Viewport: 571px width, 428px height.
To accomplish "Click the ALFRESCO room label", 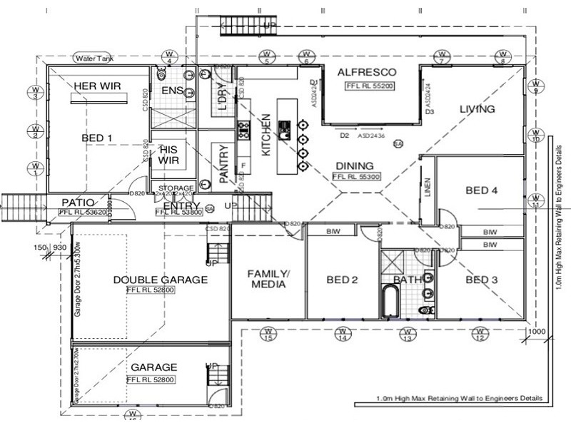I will (367, 73).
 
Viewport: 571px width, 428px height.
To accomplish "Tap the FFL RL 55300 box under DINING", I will (359, 176).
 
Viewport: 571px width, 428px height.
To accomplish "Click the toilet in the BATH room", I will (427, 310).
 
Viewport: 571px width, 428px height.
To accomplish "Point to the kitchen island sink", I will (284, 131).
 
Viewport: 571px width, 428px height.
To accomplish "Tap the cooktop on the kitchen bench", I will (243, 130).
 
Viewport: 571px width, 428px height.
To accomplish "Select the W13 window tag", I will (407, 333).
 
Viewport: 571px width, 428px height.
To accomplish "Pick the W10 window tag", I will (535, 135).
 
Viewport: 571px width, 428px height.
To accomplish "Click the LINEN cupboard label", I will (428, 187).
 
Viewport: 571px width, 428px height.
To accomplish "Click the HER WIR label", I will (97, 86).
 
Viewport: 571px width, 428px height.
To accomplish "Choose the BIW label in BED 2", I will (333, 231).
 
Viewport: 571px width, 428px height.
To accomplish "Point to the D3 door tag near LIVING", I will (430, 112).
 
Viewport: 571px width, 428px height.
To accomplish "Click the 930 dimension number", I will (60, 247).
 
